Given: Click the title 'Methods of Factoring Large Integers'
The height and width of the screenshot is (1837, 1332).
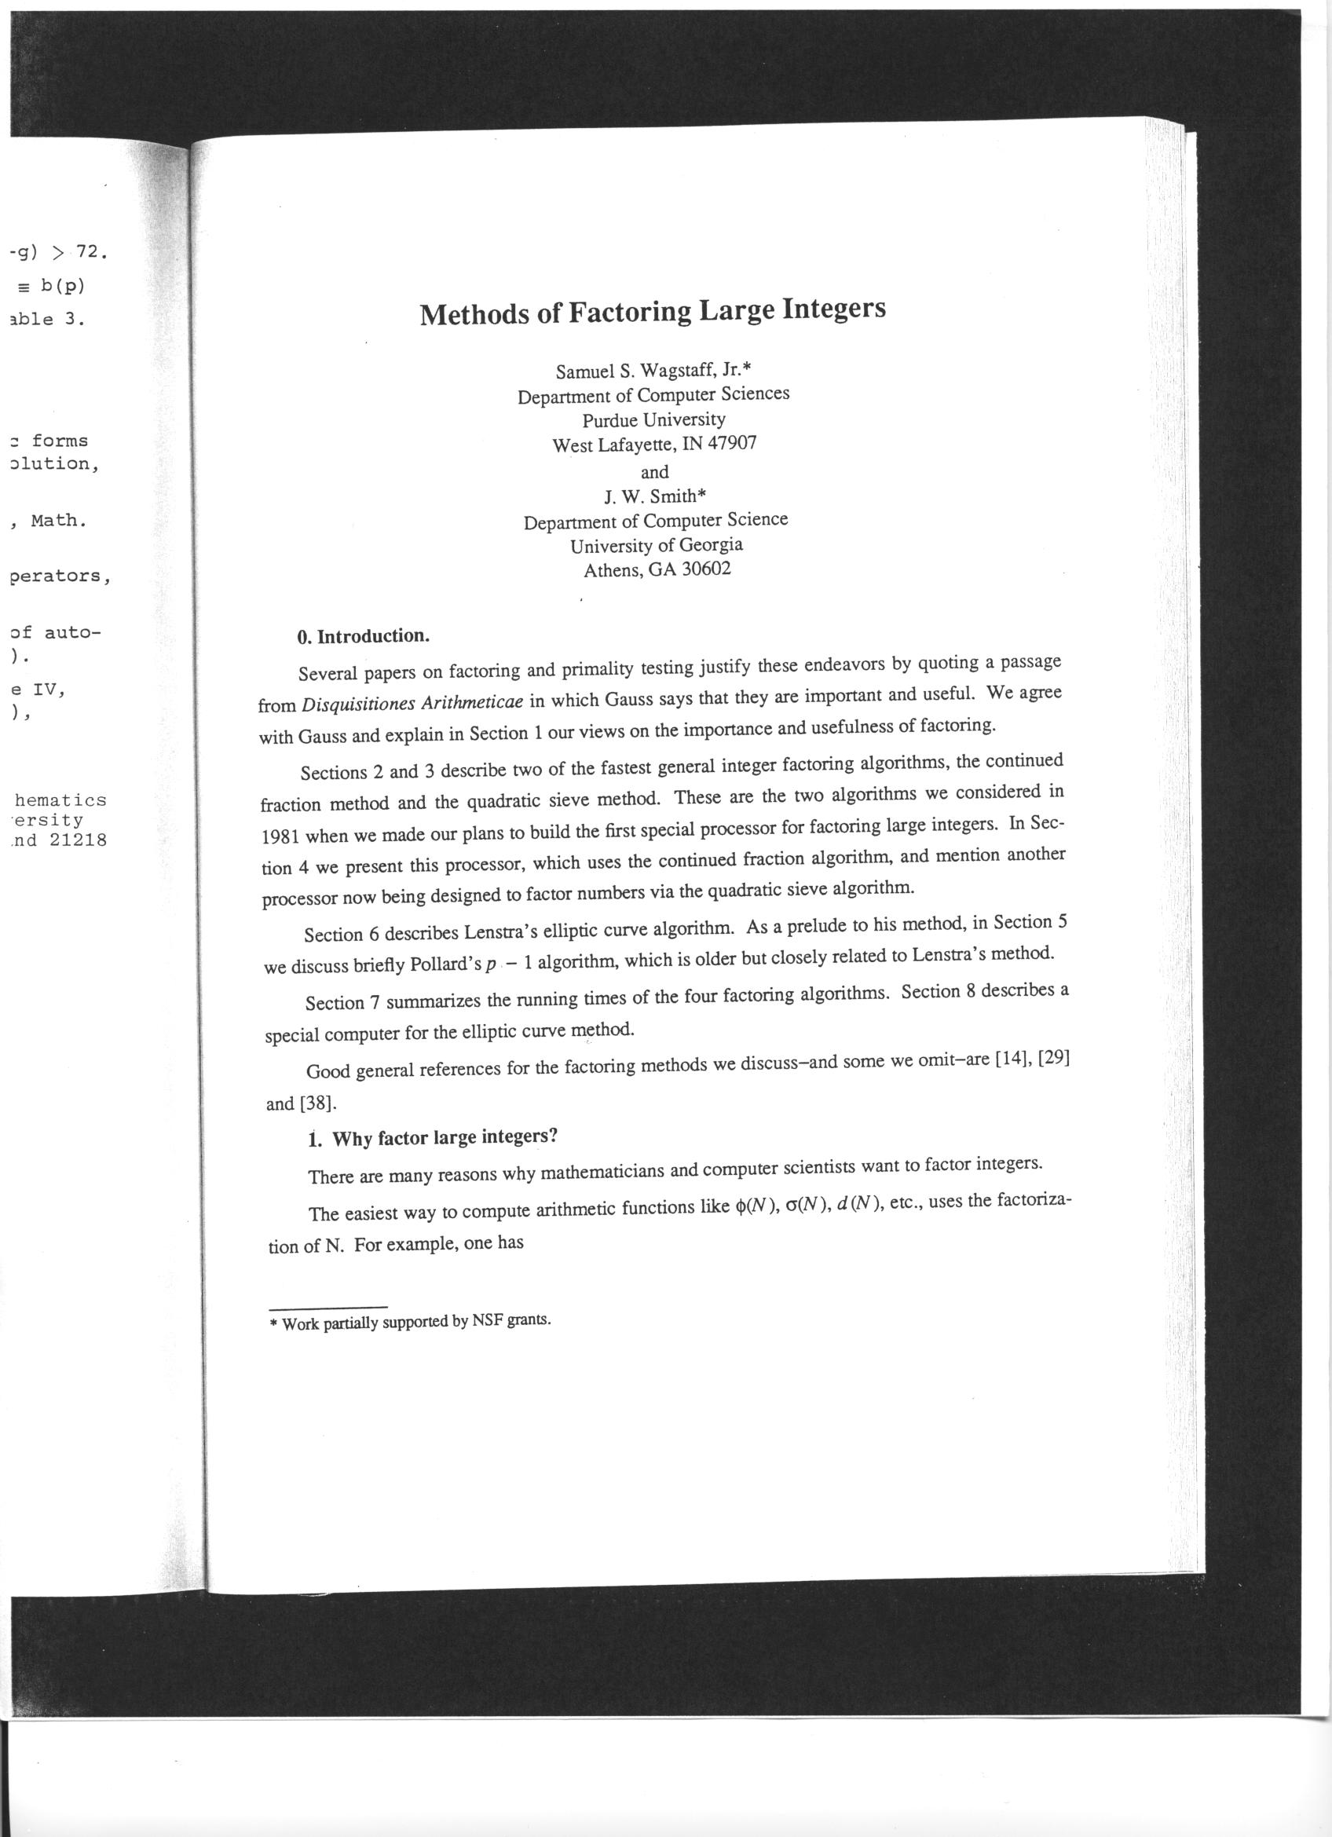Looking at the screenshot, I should (x=653, y=311).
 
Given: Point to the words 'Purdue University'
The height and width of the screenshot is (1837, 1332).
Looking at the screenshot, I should (x=653, y=419).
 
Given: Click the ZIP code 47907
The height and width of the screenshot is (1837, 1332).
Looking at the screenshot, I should (x=732, y=444).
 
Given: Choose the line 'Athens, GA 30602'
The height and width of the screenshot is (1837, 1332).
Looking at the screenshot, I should (x=657, y=569).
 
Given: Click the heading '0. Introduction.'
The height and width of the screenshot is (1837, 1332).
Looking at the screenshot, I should (x=363, y=635).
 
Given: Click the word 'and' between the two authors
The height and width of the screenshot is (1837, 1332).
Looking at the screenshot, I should (x=654, y=471).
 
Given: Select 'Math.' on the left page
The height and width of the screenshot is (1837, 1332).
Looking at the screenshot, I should (x=58, y=520).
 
